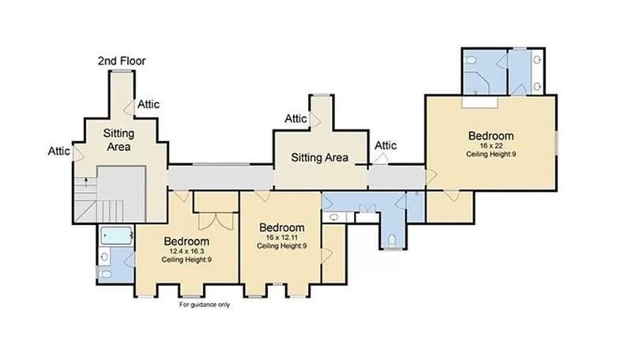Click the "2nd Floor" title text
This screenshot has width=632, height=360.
[122, 61]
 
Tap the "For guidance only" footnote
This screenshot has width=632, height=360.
[205, 305]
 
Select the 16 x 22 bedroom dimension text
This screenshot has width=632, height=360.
[491, 146]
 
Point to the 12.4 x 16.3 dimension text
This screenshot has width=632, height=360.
[186, 251]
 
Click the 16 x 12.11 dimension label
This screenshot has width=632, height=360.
[281, 237]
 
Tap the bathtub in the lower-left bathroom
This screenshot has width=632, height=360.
[116, 235]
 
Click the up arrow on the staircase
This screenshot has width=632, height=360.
[85, 182]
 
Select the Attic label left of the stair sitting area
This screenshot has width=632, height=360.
[58, 151]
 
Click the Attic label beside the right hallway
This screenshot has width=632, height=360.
[386, 145]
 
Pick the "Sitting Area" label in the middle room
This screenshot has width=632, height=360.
[320, 157]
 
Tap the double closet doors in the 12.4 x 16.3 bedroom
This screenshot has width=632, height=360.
[216, 221]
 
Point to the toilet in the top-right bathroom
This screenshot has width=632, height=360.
[470, 61]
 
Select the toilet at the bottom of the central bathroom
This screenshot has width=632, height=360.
[392, 242]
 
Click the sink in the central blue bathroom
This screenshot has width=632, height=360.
[333, 217]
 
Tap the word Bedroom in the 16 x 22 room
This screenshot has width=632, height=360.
[491, 136]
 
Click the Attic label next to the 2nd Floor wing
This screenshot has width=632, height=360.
[149, 104]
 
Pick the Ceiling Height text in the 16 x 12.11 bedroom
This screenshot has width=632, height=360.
[281, 246]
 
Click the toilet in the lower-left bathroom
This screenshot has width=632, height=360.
[106, 274]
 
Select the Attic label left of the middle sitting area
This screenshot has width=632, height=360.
[295, 118]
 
